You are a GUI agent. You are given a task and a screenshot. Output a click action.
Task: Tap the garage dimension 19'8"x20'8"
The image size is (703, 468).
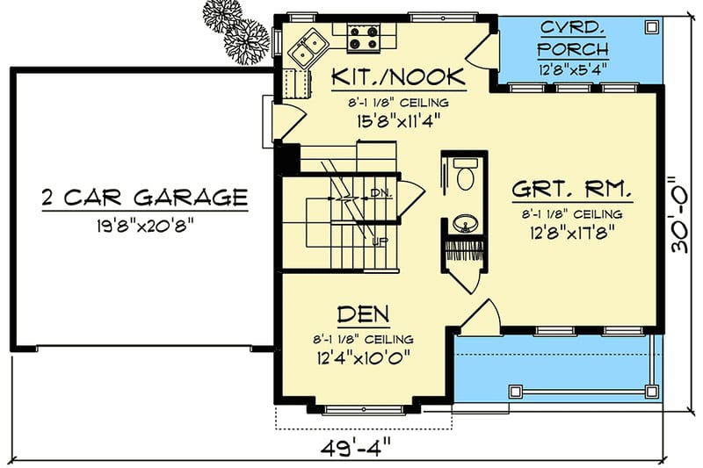point(144,224)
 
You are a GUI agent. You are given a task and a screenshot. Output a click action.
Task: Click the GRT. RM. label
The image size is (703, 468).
point(573,189)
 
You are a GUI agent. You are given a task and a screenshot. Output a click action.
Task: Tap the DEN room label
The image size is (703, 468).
point(362,313)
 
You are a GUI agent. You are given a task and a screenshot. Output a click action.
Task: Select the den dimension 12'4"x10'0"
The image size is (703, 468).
point(362,357)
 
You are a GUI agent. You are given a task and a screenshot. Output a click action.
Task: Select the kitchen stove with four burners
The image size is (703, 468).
point(361,34)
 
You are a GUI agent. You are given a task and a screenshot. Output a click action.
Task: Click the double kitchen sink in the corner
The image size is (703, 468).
point(304,47)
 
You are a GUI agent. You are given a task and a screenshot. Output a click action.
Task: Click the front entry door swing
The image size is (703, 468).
point(479,318)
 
